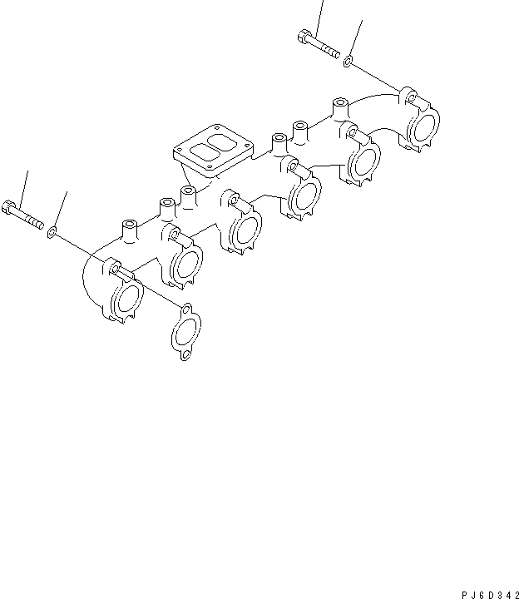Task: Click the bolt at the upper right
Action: click(x=319, y=45)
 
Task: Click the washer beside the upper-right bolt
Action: click(x=348, y=61)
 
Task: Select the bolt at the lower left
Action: click(x=24, y=215)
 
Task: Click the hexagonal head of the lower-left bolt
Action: click(x=9, y=207)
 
